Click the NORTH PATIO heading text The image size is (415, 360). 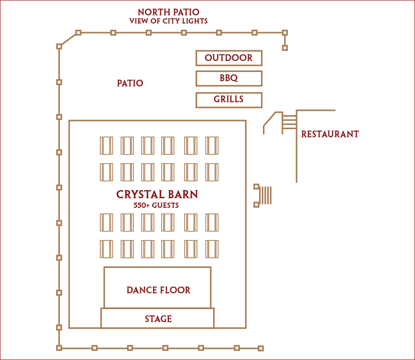click(x=168, y=12)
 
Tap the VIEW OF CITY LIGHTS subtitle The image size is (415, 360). click(x=168, y=21)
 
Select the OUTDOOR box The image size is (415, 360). click(x=229, y=58)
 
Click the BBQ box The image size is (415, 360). click(x=229, y=78)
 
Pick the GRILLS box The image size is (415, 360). click(x=229, y=100)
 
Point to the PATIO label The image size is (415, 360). click(x=130, y=83)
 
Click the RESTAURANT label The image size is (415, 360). click(x=330, y=134)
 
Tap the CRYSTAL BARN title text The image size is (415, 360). click(x=157, y=194)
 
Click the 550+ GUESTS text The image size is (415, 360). click(x=156, y=205)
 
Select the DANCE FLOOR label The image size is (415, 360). click(x=158, y=290)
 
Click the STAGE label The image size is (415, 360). click(x=158, y=319)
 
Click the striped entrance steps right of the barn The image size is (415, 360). click(x=266, y=195)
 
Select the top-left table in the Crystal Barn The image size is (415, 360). click(x=107, y=145)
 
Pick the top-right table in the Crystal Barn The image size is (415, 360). click(x=212, y=145)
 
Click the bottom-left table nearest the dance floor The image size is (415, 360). click(x=107, y=249)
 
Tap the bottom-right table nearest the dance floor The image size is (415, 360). click(x=212, y=249)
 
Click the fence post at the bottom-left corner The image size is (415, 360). click(x=59, y=348)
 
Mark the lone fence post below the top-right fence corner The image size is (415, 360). click(x=285, y=48)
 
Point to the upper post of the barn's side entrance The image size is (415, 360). click(x=256, y=186)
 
